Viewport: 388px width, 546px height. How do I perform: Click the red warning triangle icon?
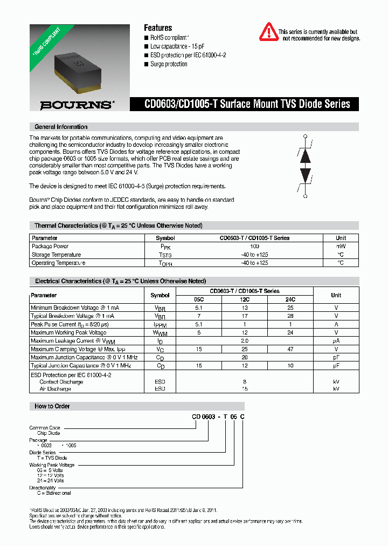click(269, 32)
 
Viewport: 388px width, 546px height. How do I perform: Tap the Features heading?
click(158, 28)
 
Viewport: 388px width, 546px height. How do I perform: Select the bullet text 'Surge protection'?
click(169, 64)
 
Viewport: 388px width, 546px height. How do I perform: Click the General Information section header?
click(61, 127)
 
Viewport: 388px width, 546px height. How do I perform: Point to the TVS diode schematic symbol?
click(306, 166)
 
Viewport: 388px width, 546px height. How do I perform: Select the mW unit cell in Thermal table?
click(341, 246)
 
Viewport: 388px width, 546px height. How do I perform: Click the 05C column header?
click(199, 299)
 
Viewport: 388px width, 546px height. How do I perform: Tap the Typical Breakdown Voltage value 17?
click(245, 316)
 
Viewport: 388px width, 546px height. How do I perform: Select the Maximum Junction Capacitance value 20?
click(245, 357)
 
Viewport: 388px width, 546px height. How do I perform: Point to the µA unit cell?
click(336, 340)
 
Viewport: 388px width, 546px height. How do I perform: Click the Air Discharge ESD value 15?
click(245, 388)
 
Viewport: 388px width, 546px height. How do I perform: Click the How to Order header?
click(52, 406)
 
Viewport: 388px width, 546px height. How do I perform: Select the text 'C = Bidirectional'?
click(54, 493)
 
